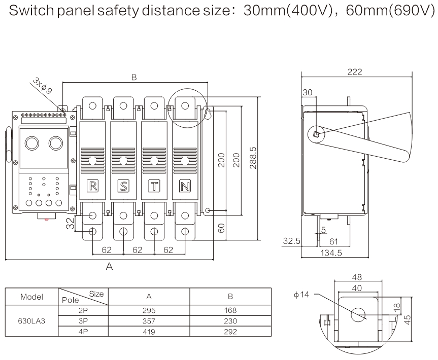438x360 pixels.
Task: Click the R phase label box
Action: click(x=92, y=186)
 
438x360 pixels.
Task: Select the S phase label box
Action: click(x=123, y=186)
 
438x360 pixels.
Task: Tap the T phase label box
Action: click(x=154, y=186)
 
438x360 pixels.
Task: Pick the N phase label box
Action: click(x=185, y=186)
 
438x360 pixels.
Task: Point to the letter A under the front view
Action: click(x=109, y=267)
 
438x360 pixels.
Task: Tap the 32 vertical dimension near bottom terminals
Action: click(x=71, y=223)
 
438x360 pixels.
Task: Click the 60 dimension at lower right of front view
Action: click(x=222, y=227)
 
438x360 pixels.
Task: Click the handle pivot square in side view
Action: click(x=316, y=134)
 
